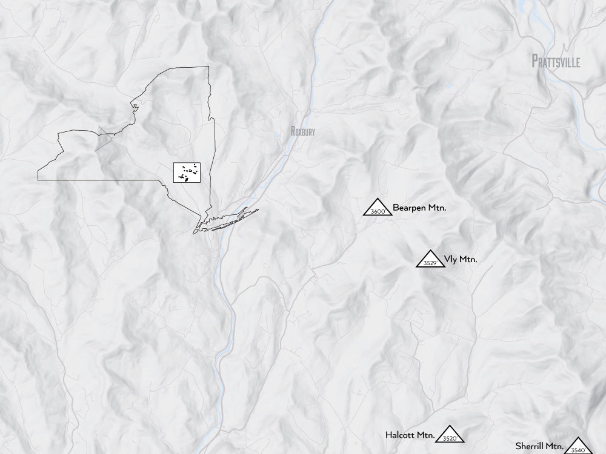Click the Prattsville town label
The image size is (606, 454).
(556, 62)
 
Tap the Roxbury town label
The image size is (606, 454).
(303, 131)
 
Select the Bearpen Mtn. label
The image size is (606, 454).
(419, 208)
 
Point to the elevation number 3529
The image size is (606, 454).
(430, 263)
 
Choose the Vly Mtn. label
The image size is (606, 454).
(461, 260)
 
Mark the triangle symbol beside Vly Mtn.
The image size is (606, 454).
(430, 258)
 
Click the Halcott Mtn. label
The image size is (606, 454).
(410, 435)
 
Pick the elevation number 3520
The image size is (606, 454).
(450, 438)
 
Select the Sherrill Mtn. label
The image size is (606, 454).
(536, 446)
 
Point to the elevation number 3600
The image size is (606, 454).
(378, 211)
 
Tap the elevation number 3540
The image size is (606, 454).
(578, 450)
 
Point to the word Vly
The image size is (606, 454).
(450, 260)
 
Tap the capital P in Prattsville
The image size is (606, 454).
(535, 61)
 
